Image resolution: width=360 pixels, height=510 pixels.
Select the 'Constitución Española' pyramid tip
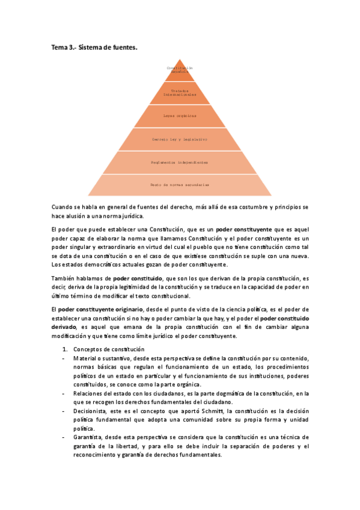click(180, 70)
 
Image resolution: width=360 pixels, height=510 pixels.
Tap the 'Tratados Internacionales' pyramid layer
click(180, 93)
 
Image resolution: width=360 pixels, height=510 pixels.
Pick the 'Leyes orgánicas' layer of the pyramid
click(180, 115)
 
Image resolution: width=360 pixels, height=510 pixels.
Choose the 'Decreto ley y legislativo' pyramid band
click(180, 139)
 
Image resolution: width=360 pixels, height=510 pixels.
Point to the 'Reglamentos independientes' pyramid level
click(180, 162)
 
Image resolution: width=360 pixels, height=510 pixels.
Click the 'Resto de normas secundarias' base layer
click(180, 185)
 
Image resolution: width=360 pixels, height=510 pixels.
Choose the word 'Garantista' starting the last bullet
click(89, 437)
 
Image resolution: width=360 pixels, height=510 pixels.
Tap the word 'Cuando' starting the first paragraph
click(63, 207)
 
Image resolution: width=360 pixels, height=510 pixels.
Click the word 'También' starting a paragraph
click(64, 278)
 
